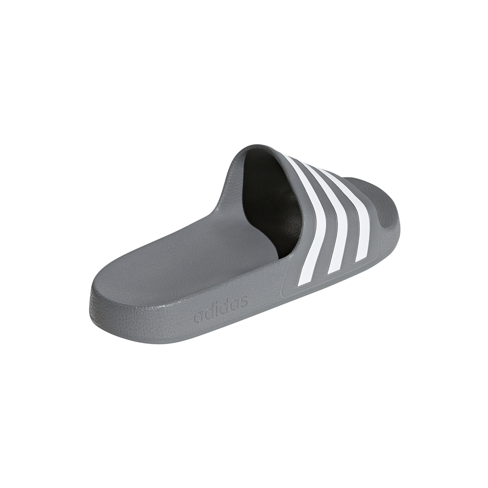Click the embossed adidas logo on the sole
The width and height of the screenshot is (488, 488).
point(221,309)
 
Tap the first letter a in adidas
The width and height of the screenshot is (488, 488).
point(198,317)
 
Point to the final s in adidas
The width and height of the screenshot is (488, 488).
point(244,300)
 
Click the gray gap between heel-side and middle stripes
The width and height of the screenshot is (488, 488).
point(326,226)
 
